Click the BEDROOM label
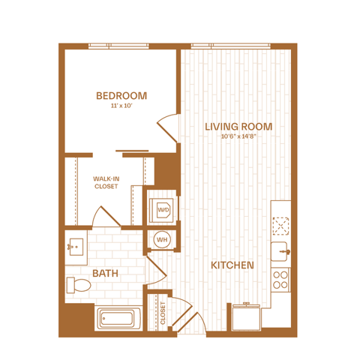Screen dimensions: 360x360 click(121, 96)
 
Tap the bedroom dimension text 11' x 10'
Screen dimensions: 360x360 click(121, 106)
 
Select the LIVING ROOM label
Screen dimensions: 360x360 click(238, 127)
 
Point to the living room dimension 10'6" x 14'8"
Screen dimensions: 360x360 click(238, 136)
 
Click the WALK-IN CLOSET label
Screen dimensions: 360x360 click(106, 182)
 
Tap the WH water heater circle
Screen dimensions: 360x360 click(162, 240)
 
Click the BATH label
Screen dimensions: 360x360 click(105, 273)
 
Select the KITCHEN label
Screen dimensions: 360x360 click(232, 265)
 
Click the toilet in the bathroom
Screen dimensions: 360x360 click(79, 285)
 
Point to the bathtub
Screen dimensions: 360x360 click(117, 319)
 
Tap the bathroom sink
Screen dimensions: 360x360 click(76, 247)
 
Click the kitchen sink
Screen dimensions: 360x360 click(280, 251)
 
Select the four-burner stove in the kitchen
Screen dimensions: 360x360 click(280, 280)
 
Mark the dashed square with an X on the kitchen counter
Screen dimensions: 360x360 click(280, 226)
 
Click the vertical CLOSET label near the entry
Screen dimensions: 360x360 click(163, 313)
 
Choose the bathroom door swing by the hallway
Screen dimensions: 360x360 click(156, 270)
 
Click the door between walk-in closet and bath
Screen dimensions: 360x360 click(106, 217)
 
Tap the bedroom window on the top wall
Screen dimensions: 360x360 click(118, 46)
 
